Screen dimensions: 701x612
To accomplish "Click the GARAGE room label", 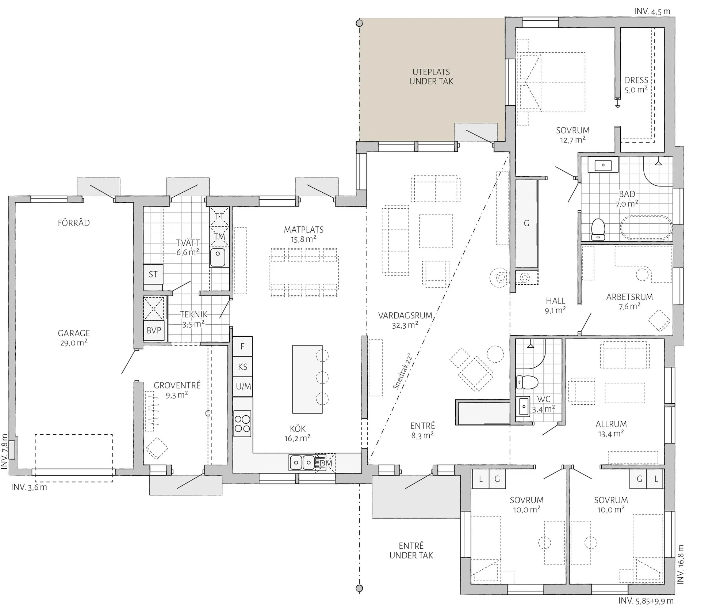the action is click(x=74, y=333).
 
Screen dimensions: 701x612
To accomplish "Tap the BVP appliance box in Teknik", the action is click(x=154, y=330).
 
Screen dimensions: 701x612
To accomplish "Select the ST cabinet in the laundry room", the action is click(x=153, y=274).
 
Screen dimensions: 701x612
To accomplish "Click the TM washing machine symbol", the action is click(x=219, y=237).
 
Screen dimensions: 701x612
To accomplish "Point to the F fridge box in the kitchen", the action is click(x=242, y=346).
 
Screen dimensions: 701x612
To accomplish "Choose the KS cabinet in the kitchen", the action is click(x=242, y=367).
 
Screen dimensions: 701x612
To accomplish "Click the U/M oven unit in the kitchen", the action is click(x=243, y=386).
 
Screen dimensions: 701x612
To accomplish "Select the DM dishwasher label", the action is click(x=326, y=463).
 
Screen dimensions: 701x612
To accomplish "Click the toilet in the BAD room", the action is click(x=598, y=230).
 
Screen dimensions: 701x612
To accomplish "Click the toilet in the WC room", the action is click(x=527, y=382).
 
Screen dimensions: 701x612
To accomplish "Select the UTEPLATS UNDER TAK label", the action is click(x=431, y=77).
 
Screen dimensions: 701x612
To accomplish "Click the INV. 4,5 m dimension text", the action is click(x=652, y=11).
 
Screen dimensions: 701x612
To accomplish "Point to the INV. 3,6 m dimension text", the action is click(x=29, y=487).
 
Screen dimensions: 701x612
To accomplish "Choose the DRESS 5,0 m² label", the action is click(x=636, y=85).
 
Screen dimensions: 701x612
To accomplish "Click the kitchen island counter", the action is click(x=307, y=379).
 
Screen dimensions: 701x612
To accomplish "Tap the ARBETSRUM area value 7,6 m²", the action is click(x=629, y=306).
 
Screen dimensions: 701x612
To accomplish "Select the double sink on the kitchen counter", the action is click(x=302, y=462).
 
